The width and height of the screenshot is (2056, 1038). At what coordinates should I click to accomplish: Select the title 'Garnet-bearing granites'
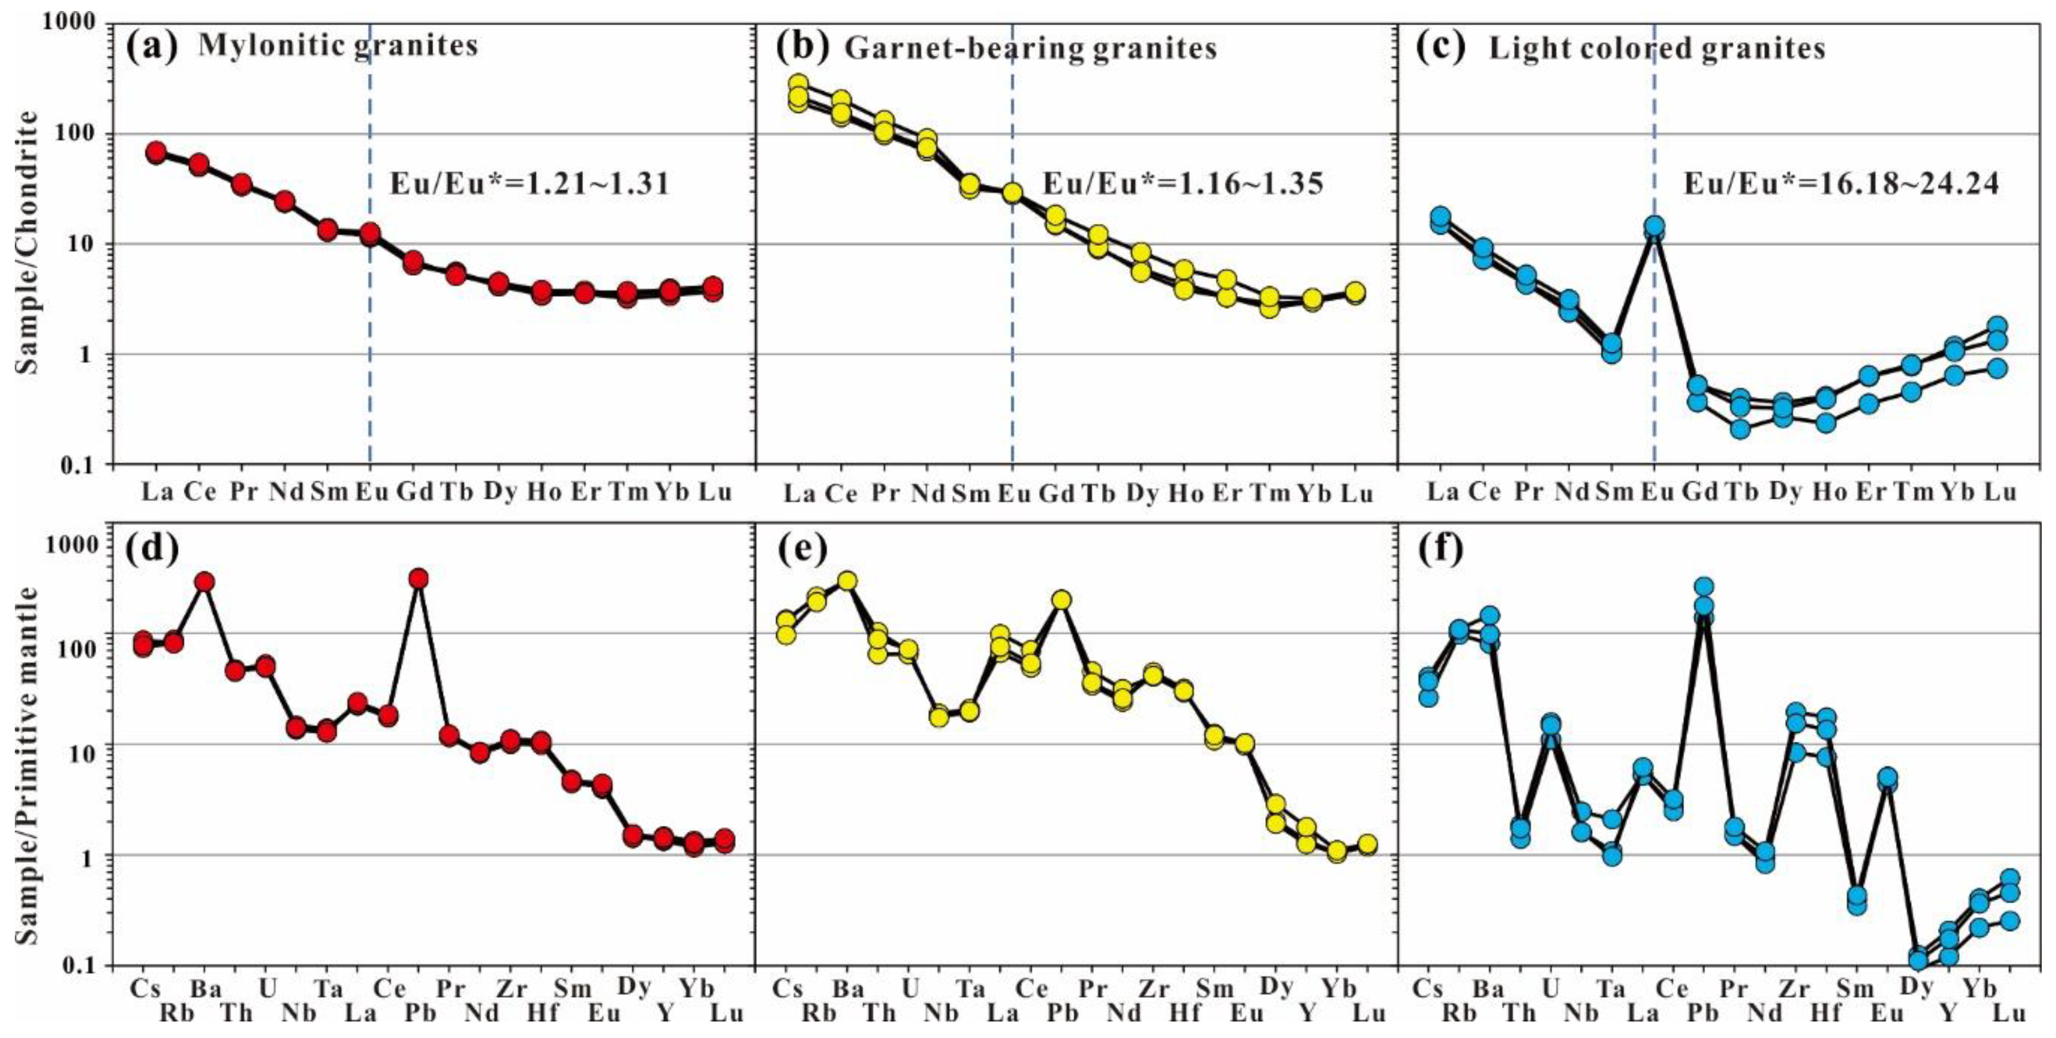tap(1030, 49)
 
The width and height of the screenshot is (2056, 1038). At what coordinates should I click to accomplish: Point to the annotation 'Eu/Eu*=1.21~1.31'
tap(529, 184)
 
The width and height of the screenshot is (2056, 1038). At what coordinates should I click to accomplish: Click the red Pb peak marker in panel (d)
tap(418, 578)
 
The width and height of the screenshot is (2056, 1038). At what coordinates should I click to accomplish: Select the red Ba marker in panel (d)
tap(205, 582)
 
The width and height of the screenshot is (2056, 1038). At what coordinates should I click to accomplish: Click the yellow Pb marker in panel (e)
tap(1061, 600)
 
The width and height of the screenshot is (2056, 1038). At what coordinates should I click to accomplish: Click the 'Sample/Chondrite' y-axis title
tap(29, 242)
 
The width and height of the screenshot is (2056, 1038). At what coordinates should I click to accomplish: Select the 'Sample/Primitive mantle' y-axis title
tap(29, 765)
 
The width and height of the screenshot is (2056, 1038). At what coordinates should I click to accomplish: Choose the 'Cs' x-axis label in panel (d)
tap(145, 989)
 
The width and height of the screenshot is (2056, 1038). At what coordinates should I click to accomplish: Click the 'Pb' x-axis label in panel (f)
tap(1705, 1014)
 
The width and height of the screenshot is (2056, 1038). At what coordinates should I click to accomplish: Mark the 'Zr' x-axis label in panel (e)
tap(1153, 989)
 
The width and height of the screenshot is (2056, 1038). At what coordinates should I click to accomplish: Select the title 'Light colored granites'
tap(1657, 49)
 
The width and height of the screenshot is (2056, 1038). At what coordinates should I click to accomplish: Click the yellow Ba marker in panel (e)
tap(847, 581)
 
